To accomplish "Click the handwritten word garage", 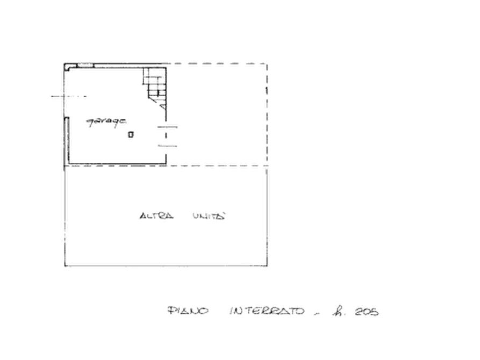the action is coord(106,122).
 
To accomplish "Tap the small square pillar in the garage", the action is coord(131,134).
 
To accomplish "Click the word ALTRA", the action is coord(156,216).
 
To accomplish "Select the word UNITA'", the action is coord(209,216).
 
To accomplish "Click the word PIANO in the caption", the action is coord(188,311).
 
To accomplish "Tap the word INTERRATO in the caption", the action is coord(267,311).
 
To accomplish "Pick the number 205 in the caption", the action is coord(367,312).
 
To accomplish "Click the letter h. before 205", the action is coord(338,312).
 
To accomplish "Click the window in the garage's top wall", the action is coord(85,65).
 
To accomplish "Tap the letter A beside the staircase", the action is coord(163,106).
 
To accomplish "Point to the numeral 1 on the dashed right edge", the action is coord(267,90).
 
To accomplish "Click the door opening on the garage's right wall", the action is coord(166,136).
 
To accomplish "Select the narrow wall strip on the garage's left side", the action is coord(66,141).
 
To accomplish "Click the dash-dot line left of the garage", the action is coord(69,96).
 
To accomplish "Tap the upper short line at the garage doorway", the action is coord(167,127).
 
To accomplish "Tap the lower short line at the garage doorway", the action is coord(168,146).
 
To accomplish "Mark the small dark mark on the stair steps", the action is coord(158,93).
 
